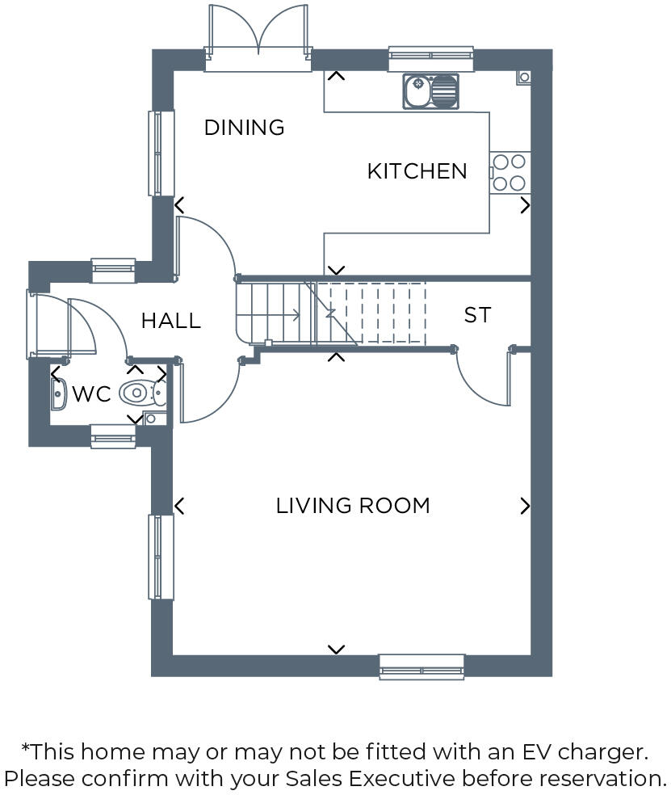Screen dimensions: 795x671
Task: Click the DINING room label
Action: tap(244, 128)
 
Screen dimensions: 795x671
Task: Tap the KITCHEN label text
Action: tap(417, 171)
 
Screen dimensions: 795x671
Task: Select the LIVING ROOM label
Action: tap(353, 506)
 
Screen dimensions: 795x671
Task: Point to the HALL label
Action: tap(170, 321)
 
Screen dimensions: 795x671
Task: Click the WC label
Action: tap(90, 395)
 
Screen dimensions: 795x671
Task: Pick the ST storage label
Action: tap(477, 315)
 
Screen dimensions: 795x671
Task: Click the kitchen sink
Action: tap(430, 90)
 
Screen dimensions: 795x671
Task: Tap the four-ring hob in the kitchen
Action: tap(510, 172)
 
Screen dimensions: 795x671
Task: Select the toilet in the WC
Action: tap(140, 393)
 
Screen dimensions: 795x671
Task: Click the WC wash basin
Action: tap(57, 395)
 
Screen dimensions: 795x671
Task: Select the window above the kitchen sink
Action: tap(430, 55)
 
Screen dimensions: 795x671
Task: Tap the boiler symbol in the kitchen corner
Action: tap(523, 77)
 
